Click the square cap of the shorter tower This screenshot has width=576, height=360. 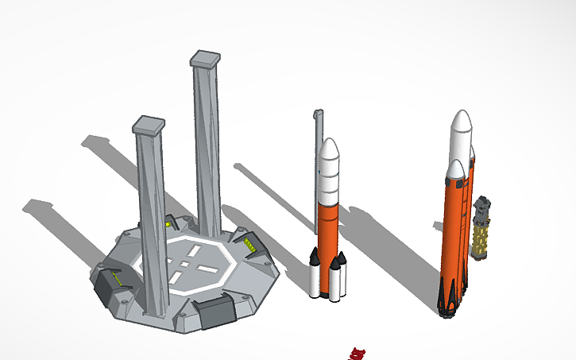[149, 124]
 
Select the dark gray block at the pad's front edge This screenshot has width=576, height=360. [215, 313]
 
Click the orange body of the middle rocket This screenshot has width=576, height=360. [327, 226]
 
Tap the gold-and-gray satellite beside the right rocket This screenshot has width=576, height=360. [481, 234]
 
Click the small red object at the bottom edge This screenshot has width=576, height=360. [358, 353]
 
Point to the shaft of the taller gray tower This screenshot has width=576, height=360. [207, 151]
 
